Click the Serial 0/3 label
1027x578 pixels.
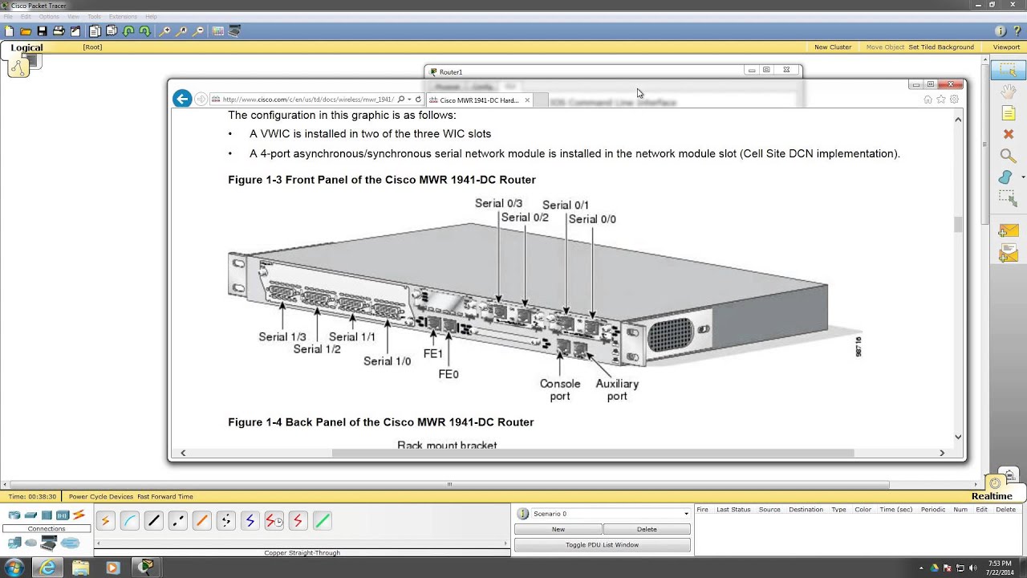tap(498, 204)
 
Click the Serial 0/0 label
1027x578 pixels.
tap(592, 219)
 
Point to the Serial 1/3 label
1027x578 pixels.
tap(282, 337)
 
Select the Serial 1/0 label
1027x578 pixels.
tap(387, 361)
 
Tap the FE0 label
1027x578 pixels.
tap(449, 374)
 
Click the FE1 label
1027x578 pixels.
tap(433, 354)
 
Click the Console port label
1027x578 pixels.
tap(560, 389)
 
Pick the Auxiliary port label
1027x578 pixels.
tap(617, 389)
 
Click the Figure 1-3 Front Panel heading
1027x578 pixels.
tap(382, 180)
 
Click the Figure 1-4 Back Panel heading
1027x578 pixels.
tap(381, 422)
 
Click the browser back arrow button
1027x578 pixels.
tap(182, 99)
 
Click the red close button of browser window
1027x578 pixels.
tap(952, 84)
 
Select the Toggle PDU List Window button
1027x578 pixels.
tap(602, 545)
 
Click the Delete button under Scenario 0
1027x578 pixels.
tap(647, 529)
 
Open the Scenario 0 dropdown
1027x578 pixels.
tap(685, 514)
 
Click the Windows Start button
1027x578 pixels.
tap(14, 568)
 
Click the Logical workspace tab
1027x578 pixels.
tap(26, 47)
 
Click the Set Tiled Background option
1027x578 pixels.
tap(940, 47)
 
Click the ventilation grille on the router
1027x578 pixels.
tap(670, 335)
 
